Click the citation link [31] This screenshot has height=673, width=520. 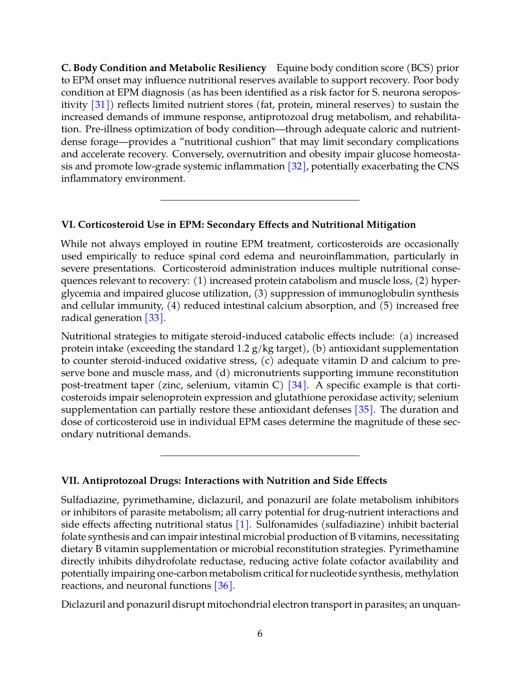pos(100,105)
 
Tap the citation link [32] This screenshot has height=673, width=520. pos(297,166)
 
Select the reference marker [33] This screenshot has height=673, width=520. pos(154,318)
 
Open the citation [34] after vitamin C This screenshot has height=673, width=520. pos(297,385)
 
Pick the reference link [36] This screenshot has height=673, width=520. pos(224,586)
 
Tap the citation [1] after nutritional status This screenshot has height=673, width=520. pos(242,525)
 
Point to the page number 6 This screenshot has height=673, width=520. pos(260,634)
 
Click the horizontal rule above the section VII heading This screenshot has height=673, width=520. pos(260,456)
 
